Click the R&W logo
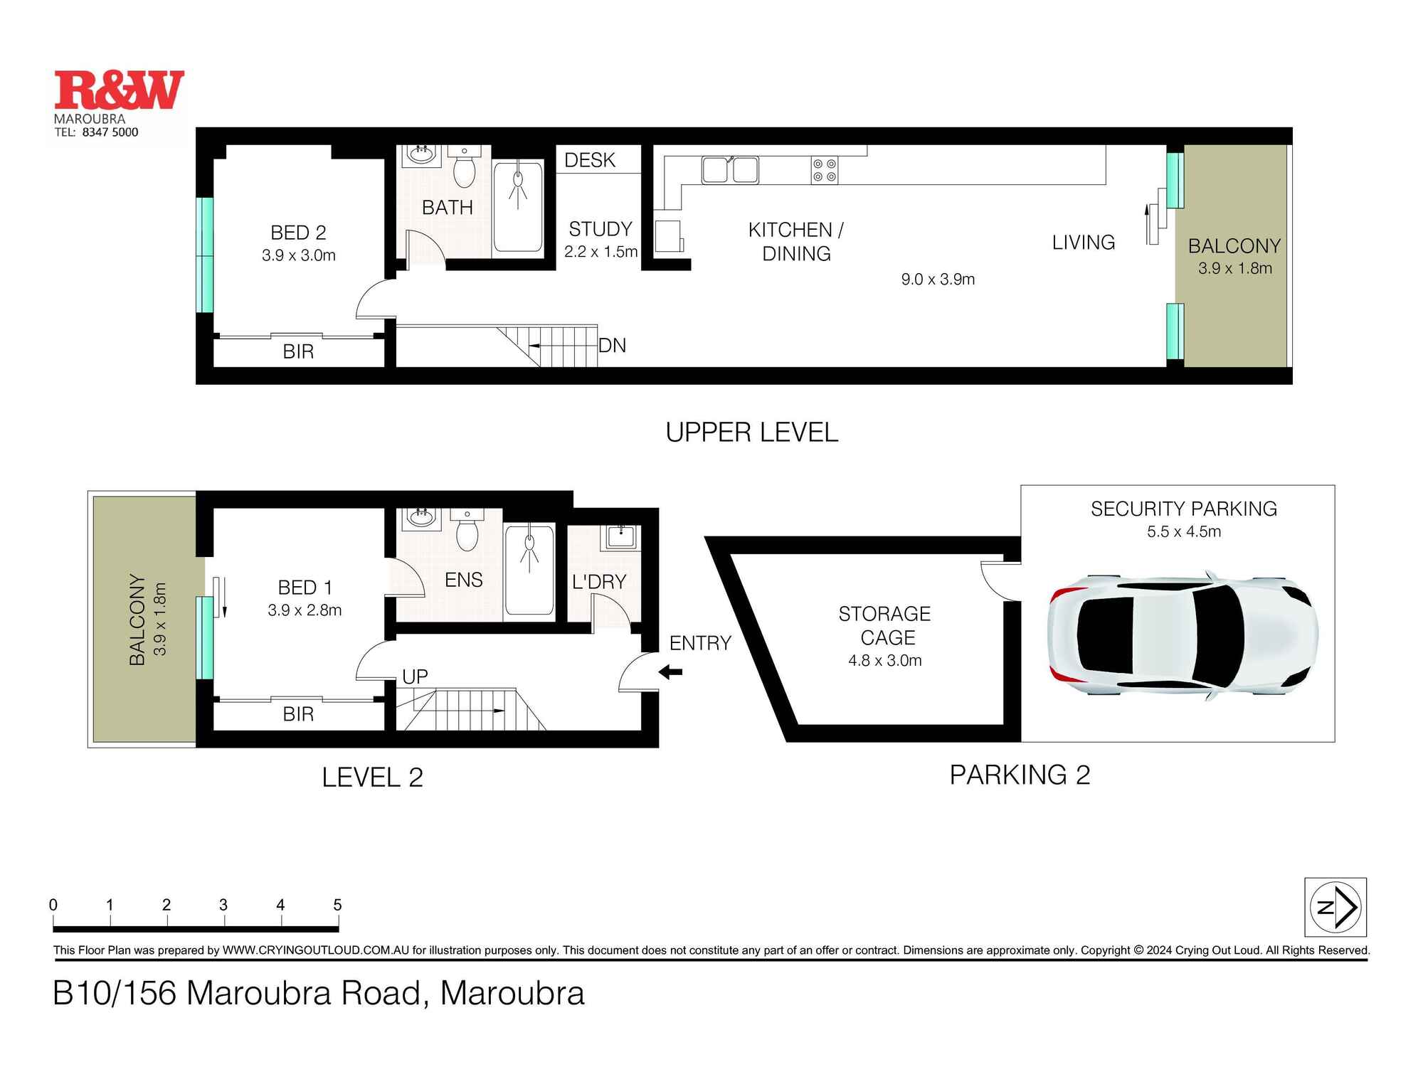tap(119, 90)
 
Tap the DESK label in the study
tap(589, 160)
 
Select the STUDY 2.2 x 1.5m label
tap(600, 240)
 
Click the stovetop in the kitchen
tap(825, 171)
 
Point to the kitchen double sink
tap(730, 171)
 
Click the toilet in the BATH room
tap(465, 169)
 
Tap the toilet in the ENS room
tap(467, 533)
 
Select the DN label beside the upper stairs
tap(612, 346)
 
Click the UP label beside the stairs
tap(415, 676)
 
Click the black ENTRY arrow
tap(670, 671)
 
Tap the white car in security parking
tap(1183, 635)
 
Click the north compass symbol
tap(1335, 907)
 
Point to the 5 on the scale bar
tap(337, 905)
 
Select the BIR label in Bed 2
tap(298, 351)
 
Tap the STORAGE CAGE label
tap(885, 625)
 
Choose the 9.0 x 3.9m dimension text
tap(938, 280)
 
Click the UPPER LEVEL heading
tap(751, 432)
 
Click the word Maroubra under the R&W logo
tap(90, 119)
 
